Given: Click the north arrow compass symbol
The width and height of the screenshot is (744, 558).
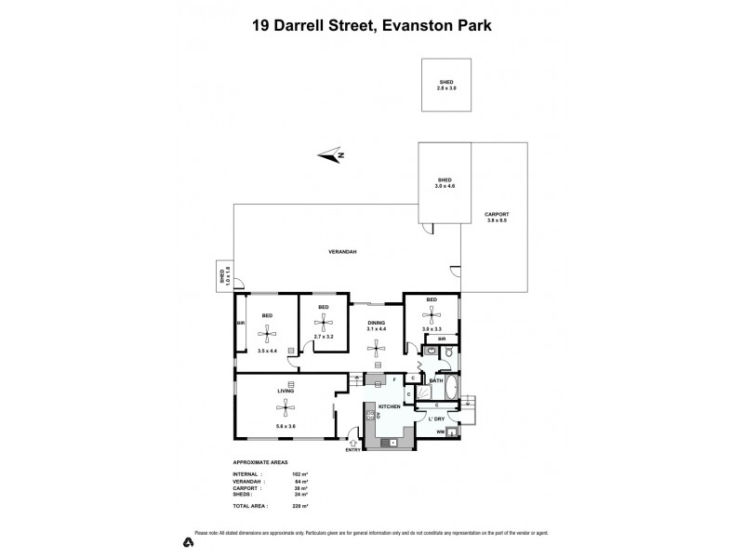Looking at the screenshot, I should point(331,155).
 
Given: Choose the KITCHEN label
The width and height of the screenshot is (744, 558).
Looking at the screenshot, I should point(389,407).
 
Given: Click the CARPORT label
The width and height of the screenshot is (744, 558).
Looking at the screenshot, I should point(498,215).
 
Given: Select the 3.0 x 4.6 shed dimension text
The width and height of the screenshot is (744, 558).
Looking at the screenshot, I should point(445,187).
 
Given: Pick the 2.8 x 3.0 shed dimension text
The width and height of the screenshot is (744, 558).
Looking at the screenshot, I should point(447,88).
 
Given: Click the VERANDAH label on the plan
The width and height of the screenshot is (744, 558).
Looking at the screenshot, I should point(343,253).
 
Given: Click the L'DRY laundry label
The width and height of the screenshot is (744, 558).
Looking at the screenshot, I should point(435,419).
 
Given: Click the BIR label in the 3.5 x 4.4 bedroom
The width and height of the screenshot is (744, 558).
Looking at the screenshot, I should point(241,324).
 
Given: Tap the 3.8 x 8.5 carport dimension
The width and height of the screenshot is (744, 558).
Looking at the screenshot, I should point(498,221).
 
